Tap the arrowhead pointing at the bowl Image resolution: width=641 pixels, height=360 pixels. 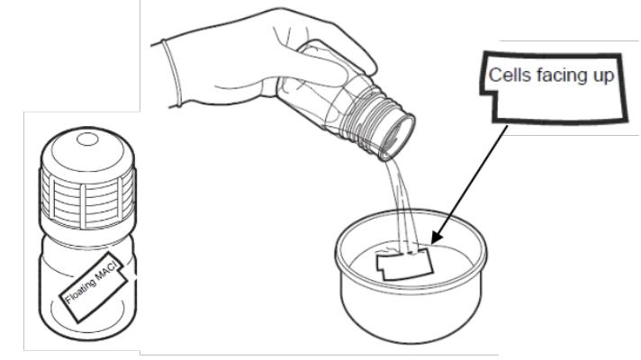(437, 238)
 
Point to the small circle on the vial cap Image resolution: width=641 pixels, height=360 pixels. (87, 139)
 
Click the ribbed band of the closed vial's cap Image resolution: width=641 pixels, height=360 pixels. (87, 197)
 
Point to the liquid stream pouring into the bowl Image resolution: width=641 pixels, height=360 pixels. (402, 204)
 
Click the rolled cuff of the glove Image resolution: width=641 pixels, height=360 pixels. (172, 74)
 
